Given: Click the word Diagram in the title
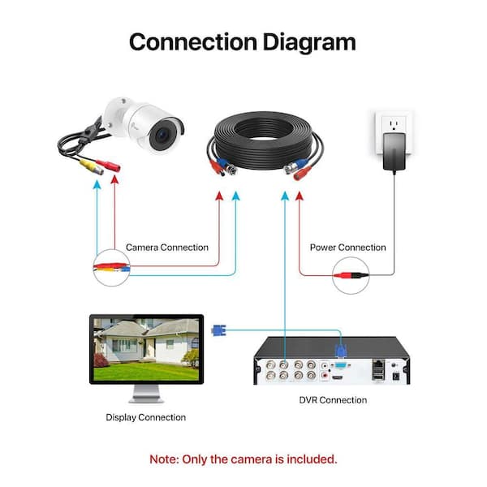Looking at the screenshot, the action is click(309, 43).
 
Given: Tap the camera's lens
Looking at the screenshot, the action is click(162, 135).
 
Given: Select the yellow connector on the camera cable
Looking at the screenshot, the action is click(91, 166).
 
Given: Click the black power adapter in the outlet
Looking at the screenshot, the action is click(394, 152).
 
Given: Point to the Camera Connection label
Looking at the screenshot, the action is click(167, 248).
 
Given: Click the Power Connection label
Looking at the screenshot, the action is click(348, 248).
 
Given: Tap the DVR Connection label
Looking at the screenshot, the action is click(333, 400).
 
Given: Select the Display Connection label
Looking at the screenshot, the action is click(145, 417).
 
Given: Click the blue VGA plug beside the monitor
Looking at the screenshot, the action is click(218, 330).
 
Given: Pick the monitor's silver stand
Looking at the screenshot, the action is click(146, 394).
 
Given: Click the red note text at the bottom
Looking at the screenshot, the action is click(243, 459).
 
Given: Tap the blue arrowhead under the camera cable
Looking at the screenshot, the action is click(97, 185).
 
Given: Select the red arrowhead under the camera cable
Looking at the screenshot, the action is click(115, 180).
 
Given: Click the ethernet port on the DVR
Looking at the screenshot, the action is click(378, 364).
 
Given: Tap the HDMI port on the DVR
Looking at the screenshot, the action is click(338, 377).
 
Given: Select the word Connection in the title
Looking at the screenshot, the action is click(193, 42).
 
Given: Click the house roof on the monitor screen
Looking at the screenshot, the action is click(124, 328).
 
